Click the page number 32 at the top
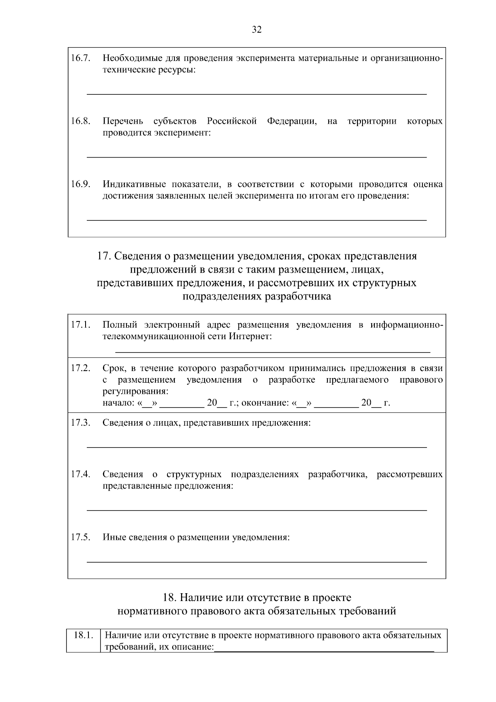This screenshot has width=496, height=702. click(x=257, y=30)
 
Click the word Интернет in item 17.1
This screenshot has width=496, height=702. click(x=250, y=336)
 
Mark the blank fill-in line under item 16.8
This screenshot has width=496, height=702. click(x=256, y=157)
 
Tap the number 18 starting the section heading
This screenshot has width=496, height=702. click(x=169, y=598)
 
